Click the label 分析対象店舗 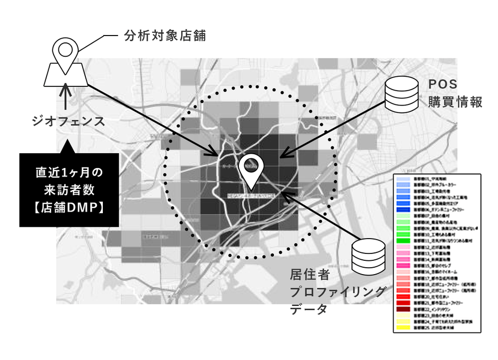tap(164, 36)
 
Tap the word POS tap(443, 85)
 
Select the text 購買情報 tap(455, 102)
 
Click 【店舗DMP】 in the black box tap(67, 207)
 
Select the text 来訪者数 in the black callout tap(67, 190)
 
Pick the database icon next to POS tap(401, 93)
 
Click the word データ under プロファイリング tap(309, 310)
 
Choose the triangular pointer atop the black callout tap(67, 146)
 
